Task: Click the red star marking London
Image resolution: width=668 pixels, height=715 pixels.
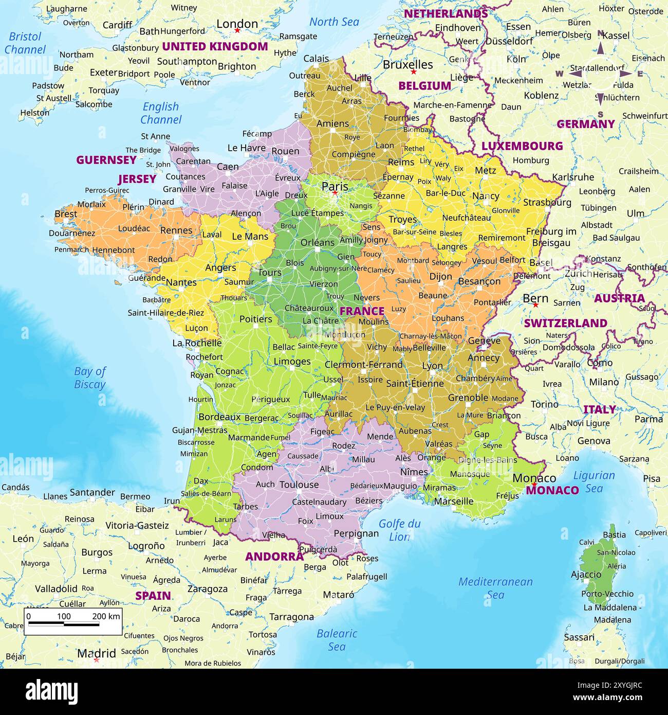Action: pyautogui.click(x=237, y=31)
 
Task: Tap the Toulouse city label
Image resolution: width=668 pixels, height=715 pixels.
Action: pyautogui.click(x=299, y=485)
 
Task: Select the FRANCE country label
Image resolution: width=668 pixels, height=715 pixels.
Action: pyautogui.click(x=362, y=311)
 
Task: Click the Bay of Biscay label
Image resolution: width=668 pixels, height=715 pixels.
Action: pyautogui.click(x=90, y=378)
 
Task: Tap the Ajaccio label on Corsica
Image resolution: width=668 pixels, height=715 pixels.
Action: pyautogui.click(x=586, y=575)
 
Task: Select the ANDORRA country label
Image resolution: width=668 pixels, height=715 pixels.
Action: pyautogui.click(x=274, y=557)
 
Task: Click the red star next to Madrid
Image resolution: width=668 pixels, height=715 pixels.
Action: pyautogui.click(x=96, y=660)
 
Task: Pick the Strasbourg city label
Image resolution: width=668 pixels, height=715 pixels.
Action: pyautogui.click(x=547, y=202)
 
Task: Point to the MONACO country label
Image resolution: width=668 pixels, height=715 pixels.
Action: pyautogui.click(x=552, y=490)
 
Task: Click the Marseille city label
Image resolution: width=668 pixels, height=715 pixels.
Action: pyautogui.click(x=453, y=501)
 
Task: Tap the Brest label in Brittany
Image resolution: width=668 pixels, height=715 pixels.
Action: pyautogui.click(x=66, y=213)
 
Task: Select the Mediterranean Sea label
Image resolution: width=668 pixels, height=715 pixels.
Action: pyautogui.click(x=495, y=588)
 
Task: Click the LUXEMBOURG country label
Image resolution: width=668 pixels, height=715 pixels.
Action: pyautogui.click(x=522, y=146)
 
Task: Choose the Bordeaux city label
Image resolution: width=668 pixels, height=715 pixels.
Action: pyautogui.click(x=219, y=417)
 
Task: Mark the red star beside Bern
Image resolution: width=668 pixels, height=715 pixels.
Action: pyautogui.click(x=535, y=305)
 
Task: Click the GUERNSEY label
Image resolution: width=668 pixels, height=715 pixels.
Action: pyautogui.click(x=106, y=160)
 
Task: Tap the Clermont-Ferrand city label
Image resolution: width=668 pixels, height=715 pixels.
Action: pyautogui.click(x=363, y=364)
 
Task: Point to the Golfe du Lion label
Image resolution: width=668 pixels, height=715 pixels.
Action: pyautogui.click(x=399, y=530)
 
